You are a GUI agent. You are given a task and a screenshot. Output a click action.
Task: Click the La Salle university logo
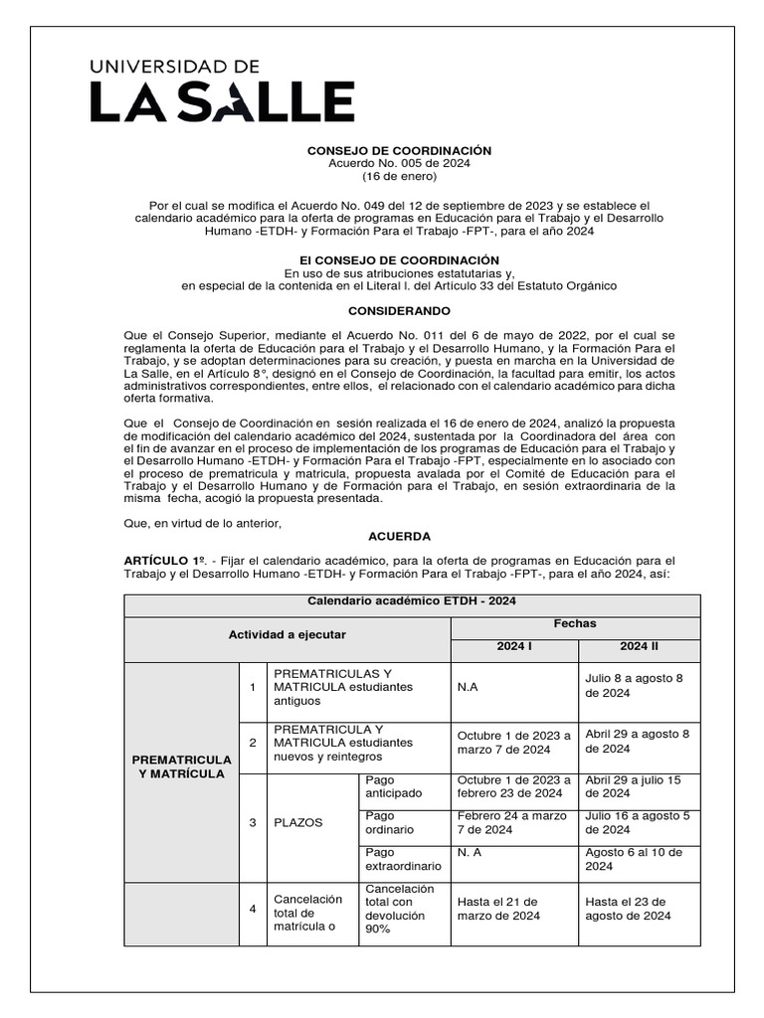click(x=222, y=90)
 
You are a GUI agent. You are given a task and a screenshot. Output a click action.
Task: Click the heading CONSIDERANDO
click(x=399, y=311)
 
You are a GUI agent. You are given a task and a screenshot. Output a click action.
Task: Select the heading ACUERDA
click(x=399, y=536)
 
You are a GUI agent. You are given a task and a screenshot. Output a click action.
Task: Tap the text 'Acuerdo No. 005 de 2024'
click(x=399, y=163)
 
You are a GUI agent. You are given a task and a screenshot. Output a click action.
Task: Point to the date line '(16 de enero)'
click(x=399, y=176)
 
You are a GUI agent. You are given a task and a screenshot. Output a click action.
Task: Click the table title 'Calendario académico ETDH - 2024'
click(x=412, y=600)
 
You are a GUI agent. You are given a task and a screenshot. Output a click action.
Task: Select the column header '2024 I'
click(x=514, y=646)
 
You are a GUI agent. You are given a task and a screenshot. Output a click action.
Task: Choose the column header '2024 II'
click(x=640, y=646)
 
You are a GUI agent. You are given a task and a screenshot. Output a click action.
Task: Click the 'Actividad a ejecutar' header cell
click(x=287, y=634)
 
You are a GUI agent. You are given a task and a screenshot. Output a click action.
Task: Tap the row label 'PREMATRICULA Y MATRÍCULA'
click(x=181, y=766)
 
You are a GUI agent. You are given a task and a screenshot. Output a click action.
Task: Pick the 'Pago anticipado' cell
click(x=394, y=786)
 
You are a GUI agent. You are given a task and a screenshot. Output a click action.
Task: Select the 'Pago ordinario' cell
click(x=390, y=822)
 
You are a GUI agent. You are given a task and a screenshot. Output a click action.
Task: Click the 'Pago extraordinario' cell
click(x=403, y=859)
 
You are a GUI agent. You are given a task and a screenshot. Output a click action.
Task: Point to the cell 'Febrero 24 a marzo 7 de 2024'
click(x=513, y=822)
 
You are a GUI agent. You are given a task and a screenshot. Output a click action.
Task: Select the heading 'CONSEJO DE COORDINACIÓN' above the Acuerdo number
click(x=399, y=150)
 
